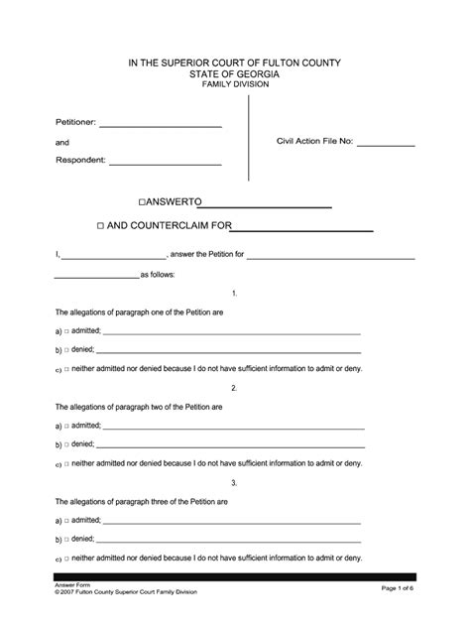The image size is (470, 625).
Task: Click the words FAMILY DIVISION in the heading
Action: pos(235,84)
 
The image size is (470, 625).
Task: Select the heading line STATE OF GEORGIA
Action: pos(235,73)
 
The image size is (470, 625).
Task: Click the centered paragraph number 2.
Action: pos(234,387)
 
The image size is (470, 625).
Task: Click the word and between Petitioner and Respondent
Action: pos(61,143)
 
